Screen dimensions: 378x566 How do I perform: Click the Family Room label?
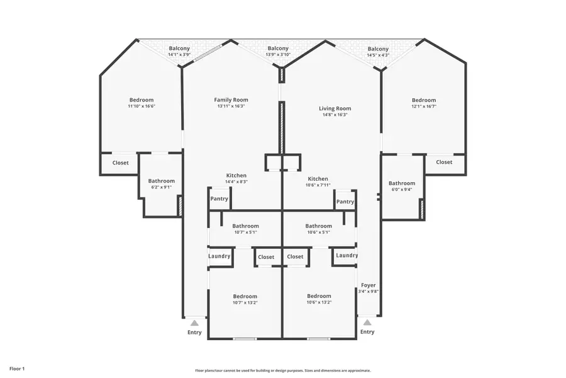231,100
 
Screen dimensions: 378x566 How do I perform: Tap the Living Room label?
335,108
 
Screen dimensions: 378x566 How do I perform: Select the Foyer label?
368,285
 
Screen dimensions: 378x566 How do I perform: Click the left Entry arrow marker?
195,322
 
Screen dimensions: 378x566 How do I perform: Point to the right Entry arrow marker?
367,322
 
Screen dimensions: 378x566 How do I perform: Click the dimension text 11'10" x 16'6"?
141,106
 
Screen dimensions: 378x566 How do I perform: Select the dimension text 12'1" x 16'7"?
423,106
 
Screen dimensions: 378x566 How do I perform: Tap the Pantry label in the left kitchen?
219,199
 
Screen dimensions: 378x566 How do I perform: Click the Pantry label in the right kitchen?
345,202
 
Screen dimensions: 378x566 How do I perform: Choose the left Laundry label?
219,256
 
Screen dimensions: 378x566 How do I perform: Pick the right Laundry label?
347,255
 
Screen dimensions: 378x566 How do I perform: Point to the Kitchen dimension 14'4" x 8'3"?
236,181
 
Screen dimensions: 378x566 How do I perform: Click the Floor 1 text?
17,368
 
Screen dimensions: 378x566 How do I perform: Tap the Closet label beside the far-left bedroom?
120,163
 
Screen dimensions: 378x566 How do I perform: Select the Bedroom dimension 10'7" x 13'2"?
245,302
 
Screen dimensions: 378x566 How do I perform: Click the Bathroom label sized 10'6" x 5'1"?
318,226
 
